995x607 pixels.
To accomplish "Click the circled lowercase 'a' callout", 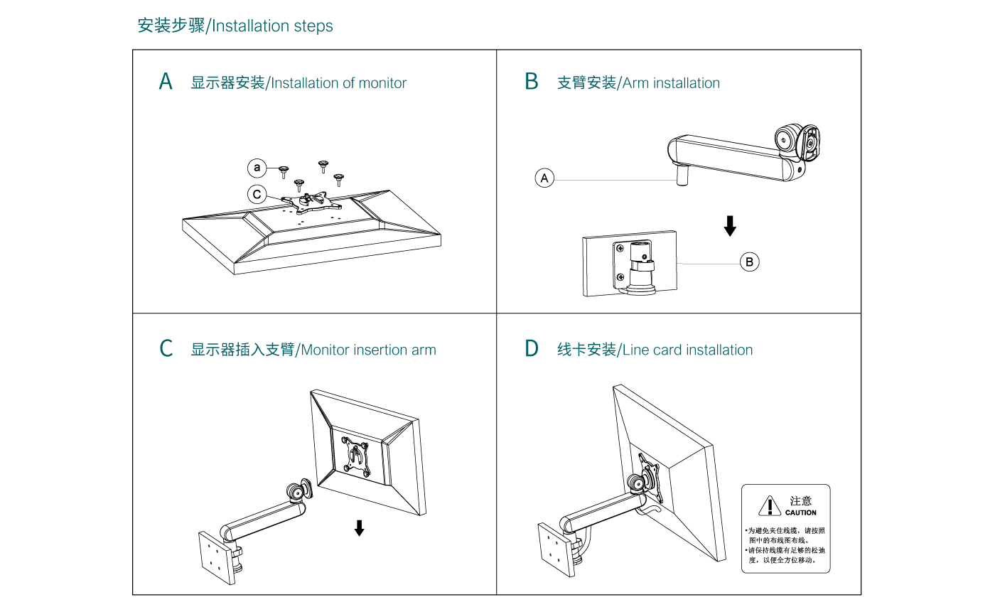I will click(x=257, y=168).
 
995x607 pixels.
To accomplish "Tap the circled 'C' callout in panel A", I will click(x=257, y=194).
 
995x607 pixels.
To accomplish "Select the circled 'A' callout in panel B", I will click(x=544, y=178).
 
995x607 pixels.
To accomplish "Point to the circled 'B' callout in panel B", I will click(x=749, y=262).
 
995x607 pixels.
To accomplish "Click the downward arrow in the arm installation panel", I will click(x=730, y=226).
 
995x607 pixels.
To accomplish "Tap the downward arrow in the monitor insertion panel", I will click(x=360, y=527).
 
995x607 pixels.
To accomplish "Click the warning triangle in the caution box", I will click(x=770, y=505).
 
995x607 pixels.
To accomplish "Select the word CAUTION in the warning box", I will click(x=801, y=512).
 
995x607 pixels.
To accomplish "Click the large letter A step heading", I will click(x=166, y=82).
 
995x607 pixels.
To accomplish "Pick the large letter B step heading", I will click(x=532, y=82).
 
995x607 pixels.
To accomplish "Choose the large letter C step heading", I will click(x=166, y=349).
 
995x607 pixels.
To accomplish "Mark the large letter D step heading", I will click(x=532, y=349).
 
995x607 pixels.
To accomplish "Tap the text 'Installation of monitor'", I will click(x=339, y=83).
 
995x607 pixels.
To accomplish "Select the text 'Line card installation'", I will click(x=687, y=350).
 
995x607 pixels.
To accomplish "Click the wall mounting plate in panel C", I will click(x=215, y=558).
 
